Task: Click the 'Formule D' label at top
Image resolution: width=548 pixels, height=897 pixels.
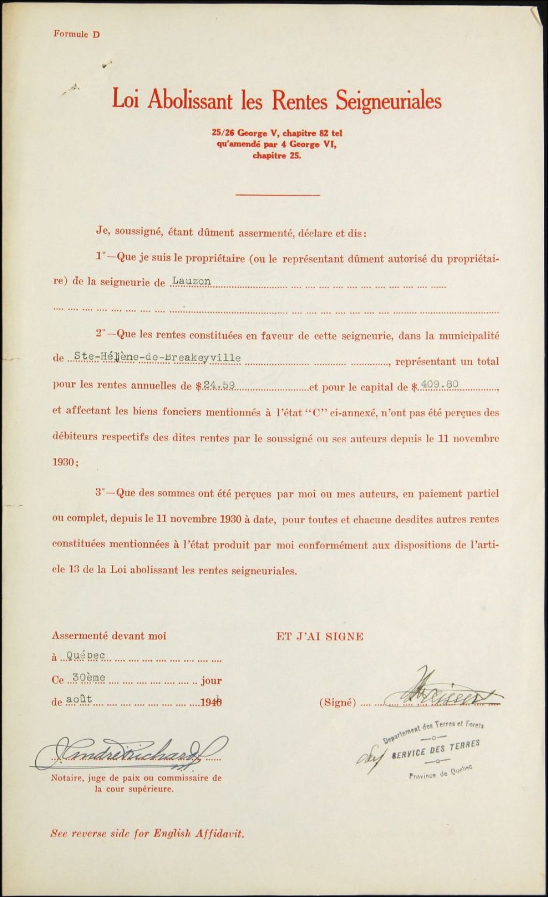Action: (77, 34)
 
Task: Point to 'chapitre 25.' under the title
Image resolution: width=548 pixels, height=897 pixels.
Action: (277, 157)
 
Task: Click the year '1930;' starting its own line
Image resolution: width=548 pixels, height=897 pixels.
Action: (65, 463)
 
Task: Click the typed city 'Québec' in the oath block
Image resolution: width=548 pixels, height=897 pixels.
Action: (82, 655)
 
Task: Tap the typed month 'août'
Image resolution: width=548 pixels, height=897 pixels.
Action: (79, 700)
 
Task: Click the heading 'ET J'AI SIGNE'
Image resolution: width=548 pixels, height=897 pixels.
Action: (319, 637)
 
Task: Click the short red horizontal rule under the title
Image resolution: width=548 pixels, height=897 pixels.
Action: (277, 195)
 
